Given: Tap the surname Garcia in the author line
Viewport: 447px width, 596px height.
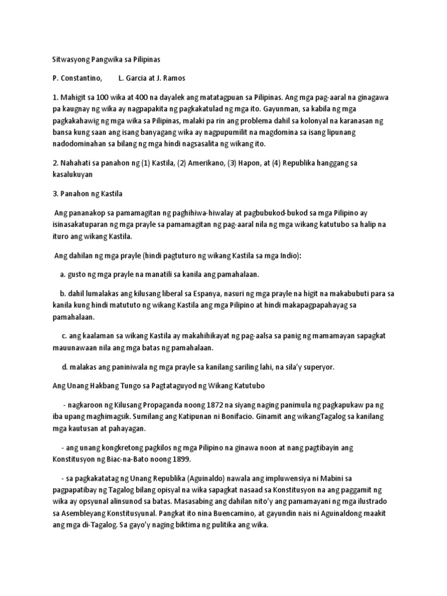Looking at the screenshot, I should click(139, 78).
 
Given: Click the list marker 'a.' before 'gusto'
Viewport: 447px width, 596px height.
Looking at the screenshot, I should click(62, 274).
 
